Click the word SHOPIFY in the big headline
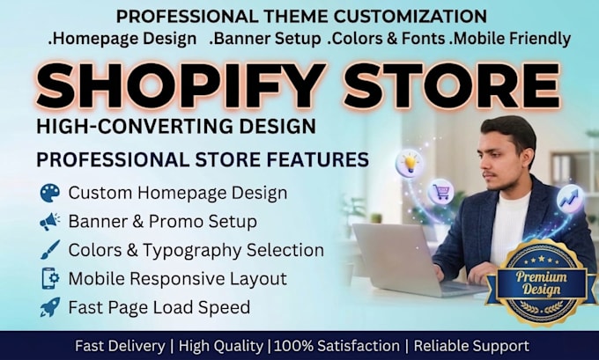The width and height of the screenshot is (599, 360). coord(181,86)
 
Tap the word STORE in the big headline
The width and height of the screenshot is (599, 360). coord(453,86)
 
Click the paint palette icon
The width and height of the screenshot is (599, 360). coord(50,193)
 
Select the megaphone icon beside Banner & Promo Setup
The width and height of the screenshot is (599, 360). coord(50,222)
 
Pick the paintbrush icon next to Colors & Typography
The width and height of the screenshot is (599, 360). coord(50,250)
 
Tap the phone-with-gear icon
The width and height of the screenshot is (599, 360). coord(50,278)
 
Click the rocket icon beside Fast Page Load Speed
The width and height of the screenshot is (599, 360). coord(50,307)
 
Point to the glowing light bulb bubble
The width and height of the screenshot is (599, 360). coord(409,163)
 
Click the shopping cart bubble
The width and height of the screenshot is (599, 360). coord(440,192)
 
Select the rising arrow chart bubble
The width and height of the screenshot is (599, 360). coord(570,199)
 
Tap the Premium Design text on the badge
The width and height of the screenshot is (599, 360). coord(542,283)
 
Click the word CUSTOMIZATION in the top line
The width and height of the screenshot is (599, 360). coord(410,17)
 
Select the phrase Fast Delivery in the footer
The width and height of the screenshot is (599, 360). coord(120,346)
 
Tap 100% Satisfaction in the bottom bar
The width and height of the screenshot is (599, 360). coord(336,346)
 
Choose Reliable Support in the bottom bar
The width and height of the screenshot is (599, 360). coord(471,346)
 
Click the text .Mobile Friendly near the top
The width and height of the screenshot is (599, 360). coord(510,39)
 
